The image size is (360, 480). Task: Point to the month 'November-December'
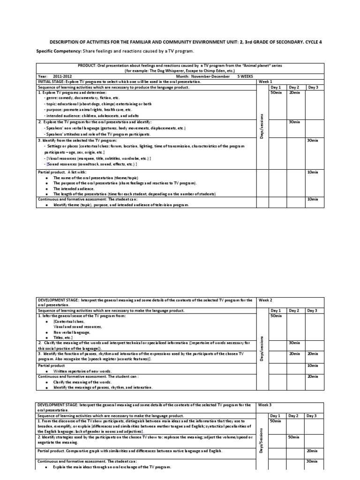tap(210, 76)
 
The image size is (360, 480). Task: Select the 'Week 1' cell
tap(265, 81)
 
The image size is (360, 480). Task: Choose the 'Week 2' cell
tap(265, 300)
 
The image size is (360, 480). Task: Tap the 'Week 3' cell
tap(265, 405)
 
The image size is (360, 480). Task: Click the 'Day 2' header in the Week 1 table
tap(294, 87)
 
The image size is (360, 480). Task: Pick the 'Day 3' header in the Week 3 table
tap(312, 415)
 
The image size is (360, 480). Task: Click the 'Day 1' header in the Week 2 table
tap(276, 310)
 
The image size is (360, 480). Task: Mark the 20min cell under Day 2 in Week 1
tap(294, 92)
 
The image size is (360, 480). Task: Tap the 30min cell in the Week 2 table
tap(294, 343)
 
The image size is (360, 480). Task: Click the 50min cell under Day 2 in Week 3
tap(294, 436)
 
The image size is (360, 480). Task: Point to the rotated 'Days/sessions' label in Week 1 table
tap(262, 127)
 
